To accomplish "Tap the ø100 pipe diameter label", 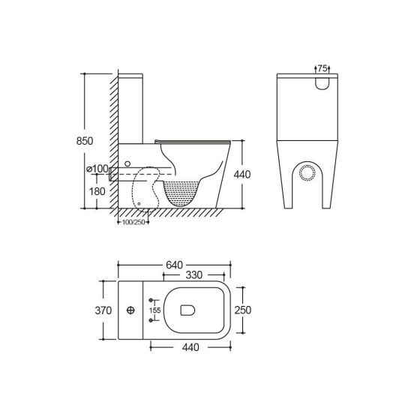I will (x=98, y=169).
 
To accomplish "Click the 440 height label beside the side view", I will (x=241, y=174).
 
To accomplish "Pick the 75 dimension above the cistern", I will (x=322, y=68).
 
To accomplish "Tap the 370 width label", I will (x=103, y=310).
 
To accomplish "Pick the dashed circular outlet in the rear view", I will (x=306, y=171).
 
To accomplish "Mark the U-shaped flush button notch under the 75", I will (x=322, y=85).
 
